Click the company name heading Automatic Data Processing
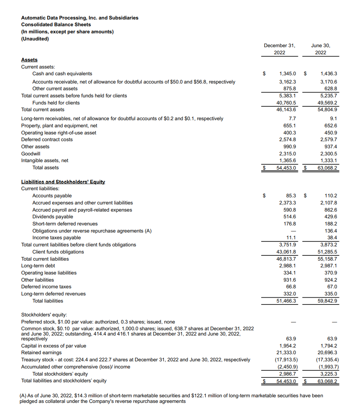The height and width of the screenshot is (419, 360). pos(80,18)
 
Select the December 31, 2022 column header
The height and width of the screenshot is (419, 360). pos(279,49)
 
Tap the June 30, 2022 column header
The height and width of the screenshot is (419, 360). pos(320,49)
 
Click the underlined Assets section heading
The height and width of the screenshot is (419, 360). pos(29,60)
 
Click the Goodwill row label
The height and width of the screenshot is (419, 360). pos(31,154)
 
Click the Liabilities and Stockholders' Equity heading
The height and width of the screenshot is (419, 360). pos(63,182)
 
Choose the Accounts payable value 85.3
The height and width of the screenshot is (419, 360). pos(291,195)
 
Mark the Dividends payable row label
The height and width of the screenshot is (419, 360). pos(53,216)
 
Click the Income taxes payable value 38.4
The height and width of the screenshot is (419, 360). pos(332,237)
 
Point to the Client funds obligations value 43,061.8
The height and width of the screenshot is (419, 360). pos(286,252)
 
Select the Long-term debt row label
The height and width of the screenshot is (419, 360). pos(38,265)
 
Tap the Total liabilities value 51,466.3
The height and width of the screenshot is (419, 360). pos(286,301)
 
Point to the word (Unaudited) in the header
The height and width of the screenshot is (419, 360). pos(35,39)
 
